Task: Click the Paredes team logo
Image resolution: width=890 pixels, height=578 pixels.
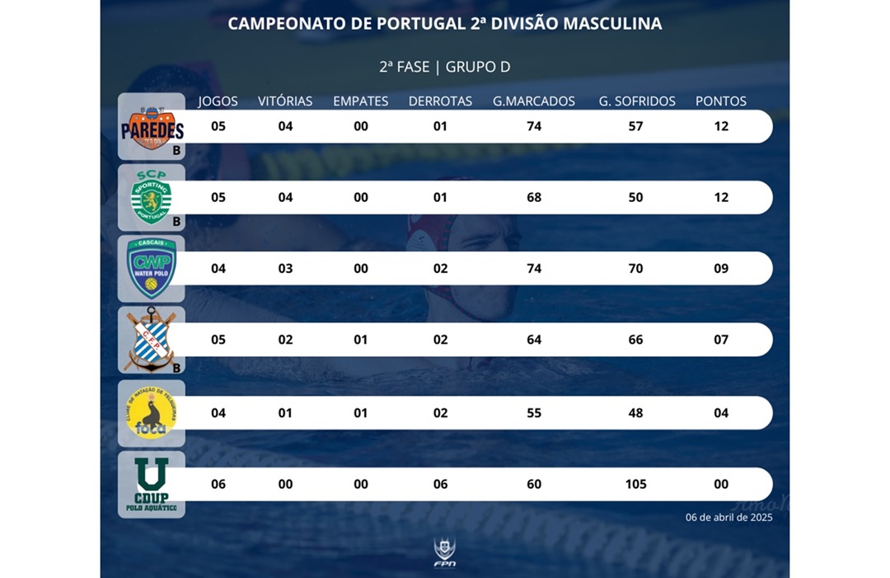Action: point(152,127)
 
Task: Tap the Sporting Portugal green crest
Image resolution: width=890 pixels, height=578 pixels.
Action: point(152,198)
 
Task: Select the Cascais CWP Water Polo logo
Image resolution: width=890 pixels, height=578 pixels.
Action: point(152,269)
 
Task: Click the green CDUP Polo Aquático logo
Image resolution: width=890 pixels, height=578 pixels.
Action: point(152,484)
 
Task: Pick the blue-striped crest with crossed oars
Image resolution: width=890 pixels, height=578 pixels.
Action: point(150,340)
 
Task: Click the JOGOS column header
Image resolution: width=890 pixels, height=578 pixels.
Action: point(218,101)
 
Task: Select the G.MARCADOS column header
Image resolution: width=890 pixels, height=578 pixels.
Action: point(534,101)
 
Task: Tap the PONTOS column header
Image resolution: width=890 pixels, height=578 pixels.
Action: point(721,101)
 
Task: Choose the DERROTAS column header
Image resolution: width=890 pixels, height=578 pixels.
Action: point(440,101)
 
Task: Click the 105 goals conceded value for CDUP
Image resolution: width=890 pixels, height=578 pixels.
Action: point(635,484)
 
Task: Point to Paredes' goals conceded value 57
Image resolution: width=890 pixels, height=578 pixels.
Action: point(635,127)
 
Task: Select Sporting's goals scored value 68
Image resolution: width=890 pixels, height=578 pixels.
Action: point(534,198)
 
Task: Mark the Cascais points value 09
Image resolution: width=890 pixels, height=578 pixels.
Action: point(721,269)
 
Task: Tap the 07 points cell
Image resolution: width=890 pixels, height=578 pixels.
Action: point(721,340)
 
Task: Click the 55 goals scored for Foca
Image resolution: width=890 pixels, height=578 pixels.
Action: point(534,413)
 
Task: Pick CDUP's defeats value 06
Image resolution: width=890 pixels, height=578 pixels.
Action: point(440,484)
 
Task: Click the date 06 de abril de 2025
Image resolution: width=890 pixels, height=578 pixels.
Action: point(728,518)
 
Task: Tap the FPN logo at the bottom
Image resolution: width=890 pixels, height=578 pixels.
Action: point(445,552)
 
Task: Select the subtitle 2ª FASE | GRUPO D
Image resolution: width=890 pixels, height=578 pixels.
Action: point(445,67)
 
